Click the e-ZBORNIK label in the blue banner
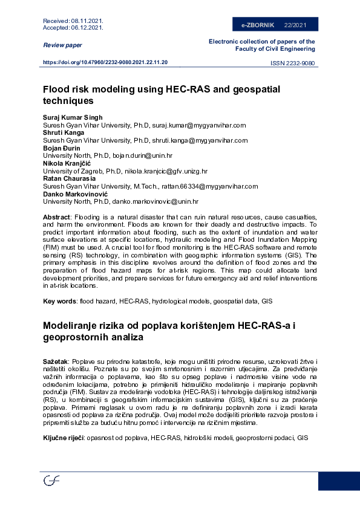click(x=258, y=25)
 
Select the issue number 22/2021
click(x=295, y=25)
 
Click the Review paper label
click(x=62, y=45)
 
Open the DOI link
click(x=105, y=63)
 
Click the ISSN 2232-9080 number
click(x=292, y=63)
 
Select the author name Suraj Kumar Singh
click(x=73, y=117)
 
